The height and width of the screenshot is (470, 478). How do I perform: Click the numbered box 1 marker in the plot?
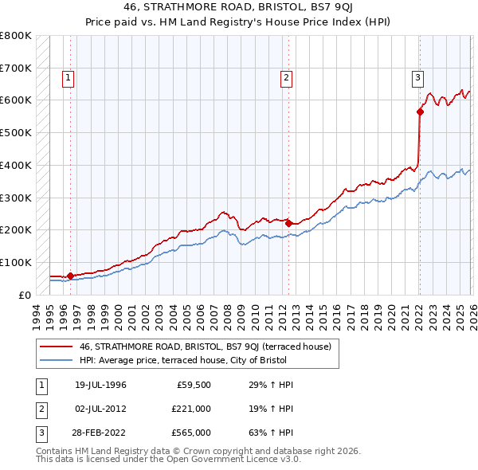click(69, 77)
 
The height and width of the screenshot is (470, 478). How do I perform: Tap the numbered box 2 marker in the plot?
click(286, 77)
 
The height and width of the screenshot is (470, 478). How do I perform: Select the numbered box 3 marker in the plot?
click(417, 77)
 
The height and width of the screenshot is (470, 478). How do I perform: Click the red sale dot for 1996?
click(71, 276)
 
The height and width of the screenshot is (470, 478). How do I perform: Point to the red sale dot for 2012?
click(288, 223)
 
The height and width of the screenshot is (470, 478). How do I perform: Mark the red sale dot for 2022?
click(420, 112)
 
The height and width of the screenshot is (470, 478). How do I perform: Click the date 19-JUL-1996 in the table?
click(101, 386)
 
